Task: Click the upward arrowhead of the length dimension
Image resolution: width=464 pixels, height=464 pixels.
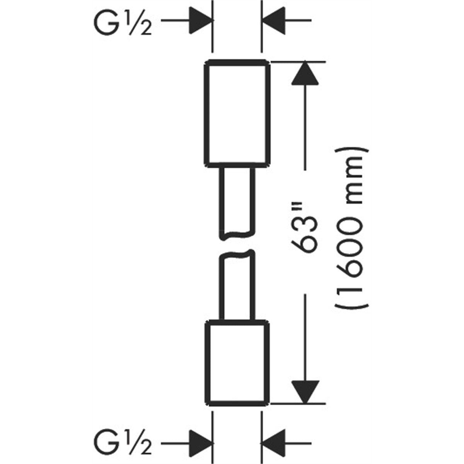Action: coord(305,73)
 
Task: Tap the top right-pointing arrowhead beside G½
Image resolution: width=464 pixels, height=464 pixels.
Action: coord(201,20)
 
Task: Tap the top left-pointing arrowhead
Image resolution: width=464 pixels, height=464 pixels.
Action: coord(274,20)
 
